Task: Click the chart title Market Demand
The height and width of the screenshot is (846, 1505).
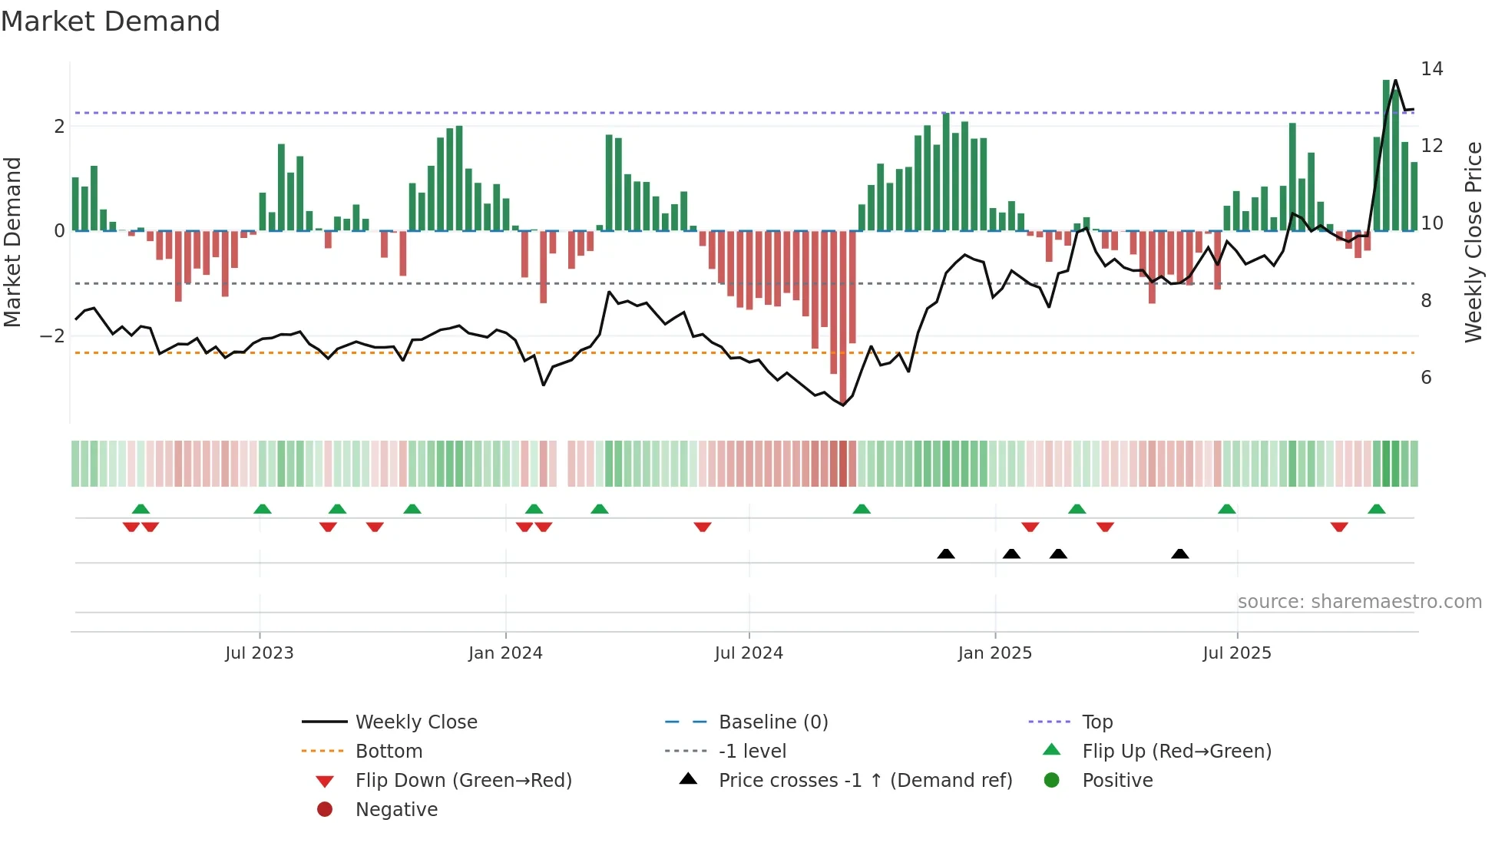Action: [111, 21]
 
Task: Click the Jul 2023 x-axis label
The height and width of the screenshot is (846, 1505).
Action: [260, 653]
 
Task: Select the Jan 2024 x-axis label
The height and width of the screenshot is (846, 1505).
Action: [505, 653]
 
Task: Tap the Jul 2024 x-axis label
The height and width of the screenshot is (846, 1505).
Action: [749, 653]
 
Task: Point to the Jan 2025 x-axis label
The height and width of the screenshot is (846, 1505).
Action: [995, 653]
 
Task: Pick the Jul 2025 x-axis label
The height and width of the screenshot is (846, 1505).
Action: [1237, 653]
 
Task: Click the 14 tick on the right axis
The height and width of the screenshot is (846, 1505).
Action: [1432, 69]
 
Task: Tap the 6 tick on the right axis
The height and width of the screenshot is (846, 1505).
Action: [1426, 378]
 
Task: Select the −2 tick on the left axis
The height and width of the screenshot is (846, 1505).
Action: [52, 336]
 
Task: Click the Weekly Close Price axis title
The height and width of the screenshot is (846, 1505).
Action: [1473, 242]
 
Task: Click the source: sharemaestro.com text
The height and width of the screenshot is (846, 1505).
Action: [1359, 602]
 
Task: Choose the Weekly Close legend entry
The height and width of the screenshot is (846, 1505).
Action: [416, 722]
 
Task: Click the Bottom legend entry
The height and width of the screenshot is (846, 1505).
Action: [389, 752]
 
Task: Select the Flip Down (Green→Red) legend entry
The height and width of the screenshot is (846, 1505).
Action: [463, 781]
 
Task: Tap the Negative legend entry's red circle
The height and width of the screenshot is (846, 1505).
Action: [325, 810]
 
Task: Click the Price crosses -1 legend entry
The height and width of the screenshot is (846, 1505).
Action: [865, 781]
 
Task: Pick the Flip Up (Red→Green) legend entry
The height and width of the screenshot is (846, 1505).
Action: [1176, 752]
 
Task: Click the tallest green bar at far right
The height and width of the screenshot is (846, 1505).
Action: [1387, 154]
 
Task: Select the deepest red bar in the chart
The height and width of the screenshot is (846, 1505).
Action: [843, 315]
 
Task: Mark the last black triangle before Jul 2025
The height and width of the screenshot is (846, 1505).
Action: [1180, 554]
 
